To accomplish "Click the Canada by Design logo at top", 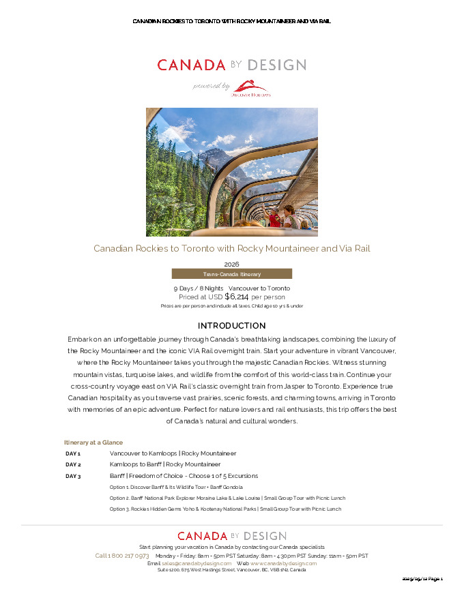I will pos(231,65).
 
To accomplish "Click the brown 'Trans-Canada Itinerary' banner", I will pos(231,273).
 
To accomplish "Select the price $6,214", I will pos(236,297).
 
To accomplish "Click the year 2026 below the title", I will pos(231,264).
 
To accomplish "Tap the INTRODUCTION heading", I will pos(231,325).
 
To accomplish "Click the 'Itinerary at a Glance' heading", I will pos(93,442).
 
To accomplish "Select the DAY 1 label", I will pos(73,453).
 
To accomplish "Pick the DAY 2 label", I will pos(73,464).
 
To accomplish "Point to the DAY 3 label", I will pos(73,476).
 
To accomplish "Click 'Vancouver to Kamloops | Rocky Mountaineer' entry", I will pos(173,453).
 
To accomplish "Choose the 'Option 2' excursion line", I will pos(227,498).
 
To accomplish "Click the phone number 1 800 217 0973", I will pos(122,556).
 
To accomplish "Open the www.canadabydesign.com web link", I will pos(283,563).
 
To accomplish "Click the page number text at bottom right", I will pos(422,579).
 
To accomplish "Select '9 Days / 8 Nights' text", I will pos(199,288).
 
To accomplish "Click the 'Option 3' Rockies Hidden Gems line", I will pos(225,509).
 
